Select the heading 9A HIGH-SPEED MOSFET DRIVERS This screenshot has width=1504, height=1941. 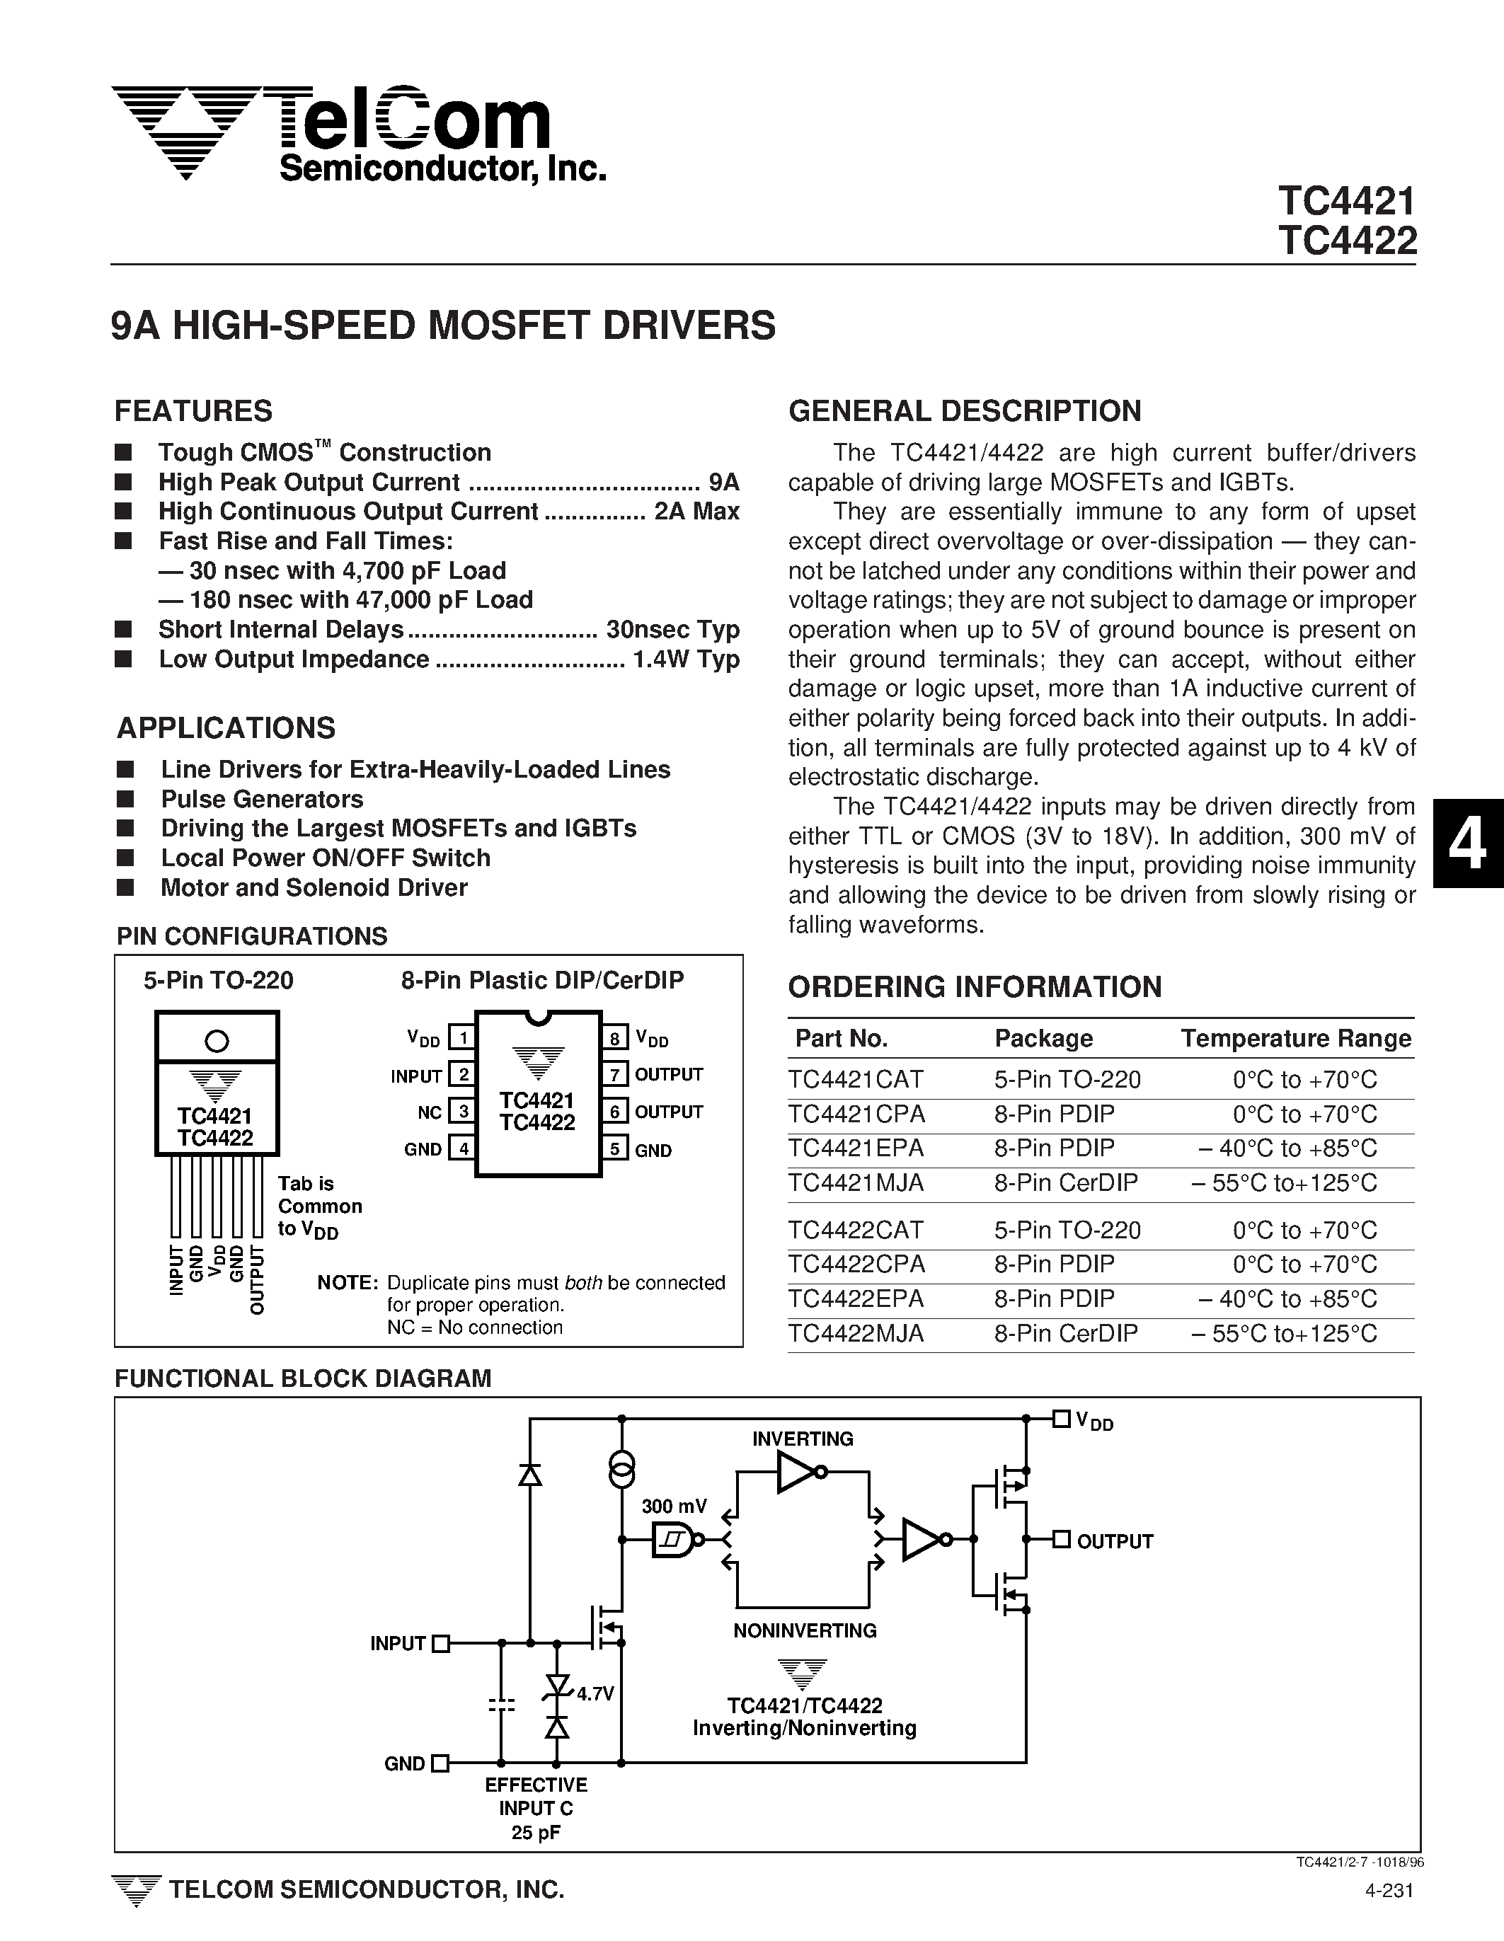point(442,326)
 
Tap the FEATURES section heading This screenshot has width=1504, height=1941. point(193,410)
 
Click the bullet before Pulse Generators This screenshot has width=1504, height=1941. point(125,799)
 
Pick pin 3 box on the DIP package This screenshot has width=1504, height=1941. point(462,1111)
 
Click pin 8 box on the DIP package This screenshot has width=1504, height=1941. point(614,1037)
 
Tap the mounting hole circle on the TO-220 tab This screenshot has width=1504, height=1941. point(216,1039)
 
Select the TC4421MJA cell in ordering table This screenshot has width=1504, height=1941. point(855,1183)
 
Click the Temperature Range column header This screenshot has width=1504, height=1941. point(1295,1038)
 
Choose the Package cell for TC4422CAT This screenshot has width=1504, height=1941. point(1067,1230)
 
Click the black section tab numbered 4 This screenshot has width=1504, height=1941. point(1468,843)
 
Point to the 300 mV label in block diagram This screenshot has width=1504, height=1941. point(674,1506)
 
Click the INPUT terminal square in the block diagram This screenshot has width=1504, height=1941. point(440,1643)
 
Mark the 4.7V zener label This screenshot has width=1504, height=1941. point(595,1694)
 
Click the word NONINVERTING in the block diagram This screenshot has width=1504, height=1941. point(805,1630)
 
